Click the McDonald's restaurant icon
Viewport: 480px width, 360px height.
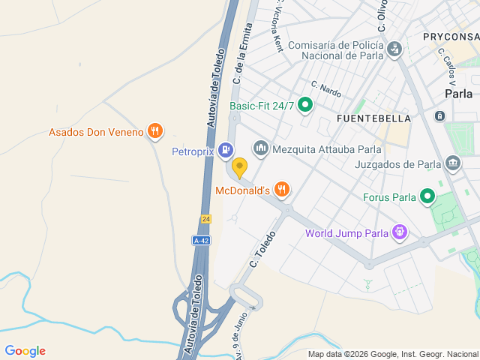(x=282, y=190)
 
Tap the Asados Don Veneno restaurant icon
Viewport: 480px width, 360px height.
(x=155, y=132)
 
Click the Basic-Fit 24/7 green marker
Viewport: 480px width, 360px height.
(x=305, y=106)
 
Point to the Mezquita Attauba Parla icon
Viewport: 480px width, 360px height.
(x=261, y=148)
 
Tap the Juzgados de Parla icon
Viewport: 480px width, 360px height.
(x=452, y=163)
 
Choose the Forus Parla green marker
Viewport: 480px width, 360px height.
(x=427, y=198)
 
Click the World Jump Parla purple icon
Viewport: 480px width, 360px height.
(x=401, y=232)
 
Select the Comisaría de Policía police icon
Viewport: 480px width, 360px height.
(x=394, y=50)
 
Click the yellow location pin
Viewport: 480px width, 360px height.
(x=239, y=166)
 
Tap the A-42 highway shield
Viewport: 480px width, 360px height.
(x=200, y=241)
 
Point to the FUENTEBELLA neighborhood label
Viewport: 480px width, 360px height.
(x=373, y=118)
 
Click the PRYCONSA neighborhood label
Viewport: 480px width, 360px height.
(x=450, y=36)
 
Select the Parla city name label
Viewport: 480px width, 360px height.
(x=458, y=94)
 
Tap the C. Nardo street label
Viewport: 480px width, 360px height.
(x=326, y=88)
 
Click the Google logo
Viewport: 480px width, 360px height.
(x=25, y=351)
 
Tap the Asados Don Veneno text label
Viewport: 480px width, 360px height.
(x=96, y=133)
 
